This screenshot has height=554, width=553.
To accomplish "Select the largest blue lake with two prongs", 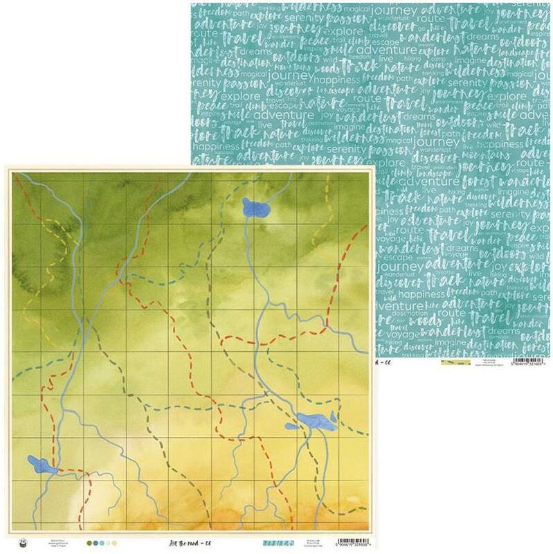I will (315, 420).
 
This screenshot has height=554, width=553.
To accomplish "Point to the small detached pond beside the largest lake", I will (291, 425).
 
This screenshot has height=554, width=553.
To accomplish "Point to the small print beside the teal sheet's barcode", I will (492, 362).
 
